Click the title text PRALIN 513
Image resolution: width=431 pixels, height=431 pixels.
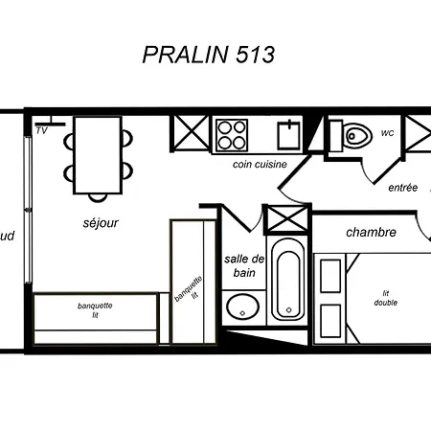[x=209, y=55]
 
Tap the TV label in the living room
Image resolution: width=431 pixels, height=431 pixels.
[x=42, y=130]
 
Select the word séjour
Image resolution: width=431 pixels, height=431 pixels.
[x=101, y=223]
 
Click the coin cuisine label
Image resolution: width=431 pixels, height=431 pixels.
[x=260, y=165]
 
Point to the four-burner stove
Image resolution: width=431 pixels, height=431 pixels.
[x=232, y=135]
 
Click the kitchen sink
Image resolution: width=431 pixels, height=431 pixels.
[x=289, y=135]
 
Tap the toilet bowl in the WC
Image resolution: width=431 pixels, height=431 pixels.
[x=357, y=135]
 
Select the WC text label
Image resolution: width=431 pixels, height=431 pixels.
[x=388, y=133]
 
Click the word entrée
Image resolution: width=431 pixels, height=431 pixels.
[x=403, y=188]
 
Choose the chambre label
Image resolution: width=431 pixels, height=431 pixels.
[x=371, y=232]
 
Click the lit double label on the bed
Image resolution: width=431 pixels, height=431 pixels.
[x=386, y=298]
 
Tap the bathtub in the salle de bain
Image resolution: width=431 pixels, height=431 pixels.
[x=288, y=280]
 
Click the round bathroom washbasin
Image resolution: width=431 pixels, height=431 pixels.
[x=242, y=306]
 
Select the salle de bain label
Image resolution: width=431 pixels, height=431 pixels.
[x=244, y=265]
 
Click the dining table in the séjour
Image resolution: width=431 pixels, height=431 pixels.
[x=98, y=155]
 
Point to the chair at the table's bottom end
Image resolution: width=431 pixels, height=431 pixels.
[x=98, y=197]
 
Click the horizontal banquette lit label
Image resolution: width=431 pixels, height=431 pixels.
[x=95, y=310]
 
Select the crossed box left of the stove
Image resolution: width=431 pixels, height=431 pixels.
[x=191, y=133]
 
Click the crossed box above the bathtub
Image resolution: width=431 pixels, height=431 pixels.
[x=287, y=219]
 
